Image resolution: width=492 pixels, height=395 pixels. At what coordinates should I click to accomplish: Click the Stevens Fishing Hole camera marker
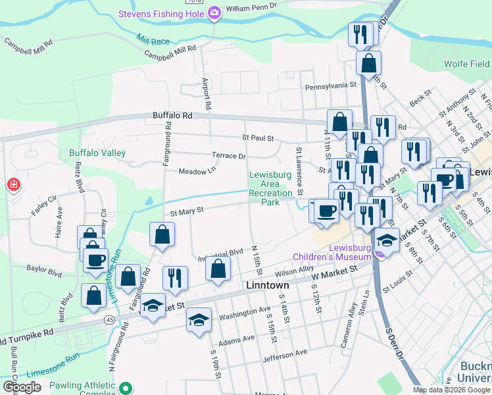tap(214, 14)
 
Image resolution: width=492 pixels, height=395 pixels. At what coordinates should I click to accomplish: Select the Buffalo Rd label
tap(172, 115)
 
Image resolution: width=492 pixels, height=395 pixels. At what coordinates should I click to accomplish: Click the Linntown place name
tap(268, 286)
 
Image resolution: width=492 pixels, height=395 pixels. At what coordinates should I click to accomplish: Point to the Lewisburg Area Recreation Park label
tap(270, 188)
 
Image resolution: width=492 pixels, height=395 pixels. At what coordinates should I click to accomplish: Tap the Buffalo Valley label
tap(97, 153)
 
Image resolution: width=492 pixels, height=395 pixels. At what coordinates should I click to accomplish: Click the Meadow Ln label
tap(197, 171)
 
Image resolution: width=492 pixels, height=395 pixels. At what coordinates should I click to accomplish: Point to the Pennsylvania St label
tap(330, 85)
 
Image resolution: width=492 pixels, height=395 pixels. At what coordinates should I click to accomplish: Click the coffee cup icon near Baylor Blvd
tap(96, 258)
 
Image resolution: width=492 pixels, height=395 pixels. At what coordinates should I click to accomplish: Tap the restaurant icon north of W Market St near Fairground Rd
tap(175, 277)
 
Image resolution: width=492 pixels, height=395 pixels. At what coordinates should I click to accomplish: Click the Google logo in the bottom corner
tap(22, 387)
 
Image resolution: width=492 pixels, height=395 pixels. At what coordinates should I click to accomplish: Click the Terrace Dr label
tap(229, 156)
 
